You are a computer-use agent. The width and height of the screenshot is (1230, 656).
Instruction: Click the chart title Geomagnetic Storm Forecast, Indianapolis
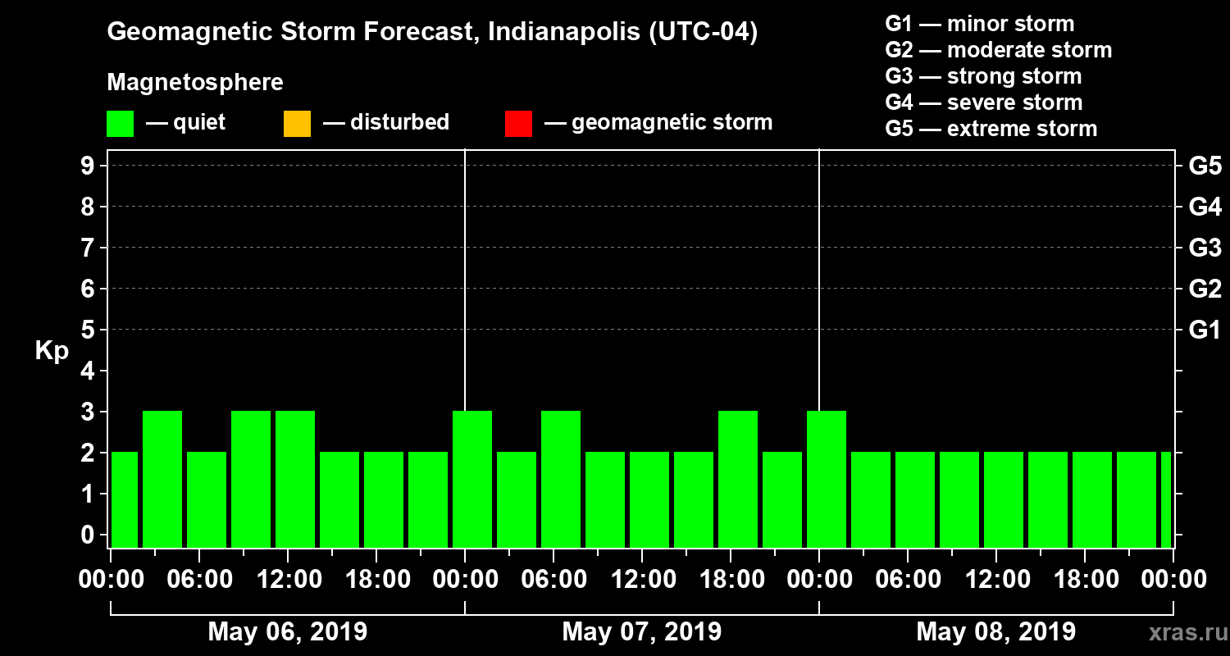432,33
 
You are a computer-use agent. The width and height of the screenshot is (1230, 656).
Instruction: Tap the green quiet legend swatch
120,123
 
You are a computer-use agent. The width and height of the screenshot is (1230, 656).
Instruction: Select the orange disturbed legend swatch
297,123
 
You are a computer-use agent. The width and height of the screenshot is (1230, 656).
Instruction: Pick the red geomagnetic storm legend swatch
518,123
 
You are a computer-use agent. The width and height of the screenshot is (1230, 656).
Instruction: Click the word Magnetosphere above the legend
195,83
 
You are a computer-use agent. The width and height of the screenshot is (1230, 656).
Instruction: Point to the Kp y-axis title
52,351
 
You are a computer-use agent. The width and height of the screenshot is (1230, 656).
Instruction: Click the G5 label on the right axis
1205,166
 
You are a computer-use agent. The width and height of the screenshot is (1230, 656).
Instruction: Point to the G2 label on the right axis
1205,289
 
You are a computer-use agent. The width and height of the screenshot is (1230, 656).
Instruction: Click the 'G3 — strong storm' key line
983,76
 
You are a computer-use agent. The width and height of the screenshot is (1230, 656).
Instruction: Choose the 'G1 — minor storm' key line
979,24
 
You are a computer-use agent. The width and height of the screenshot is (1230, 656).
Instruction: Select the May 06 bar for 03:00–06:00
162,479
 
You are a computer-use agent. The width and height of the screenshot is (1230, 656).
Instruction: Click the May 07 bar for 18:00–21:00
738,479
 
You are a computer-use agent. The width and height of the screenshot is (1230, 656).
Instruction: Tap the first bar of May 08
827,479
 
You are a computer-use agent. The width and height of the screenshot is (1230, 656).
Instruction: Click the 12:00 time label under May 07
642,580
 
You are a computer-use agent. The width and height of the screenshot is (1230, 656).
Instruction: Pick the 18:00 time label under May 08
1085,580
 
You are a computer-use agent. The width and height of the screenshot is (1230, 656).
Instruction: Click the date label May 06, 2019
288,632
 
